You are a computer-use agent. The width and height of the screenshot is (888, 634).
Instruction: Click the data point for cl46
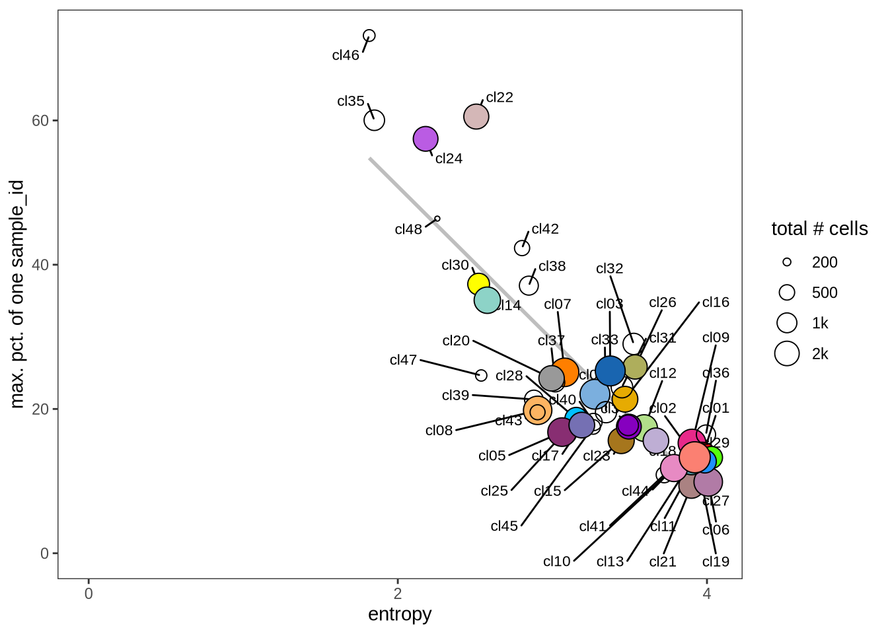(x=369, y=36)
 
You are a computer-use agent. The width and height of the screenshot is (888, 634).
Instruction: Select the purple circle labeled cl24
(x=425, y=139)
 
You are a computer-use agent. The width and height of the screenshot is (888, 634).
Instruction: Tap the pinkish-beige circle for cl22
(x=476, y=117)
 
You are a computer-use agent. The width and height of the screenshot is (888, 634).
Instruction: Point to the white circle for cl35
(x=375, y=120)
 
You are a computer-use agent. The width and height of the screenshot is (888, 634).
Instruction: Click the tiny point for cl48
(x=437, y=219)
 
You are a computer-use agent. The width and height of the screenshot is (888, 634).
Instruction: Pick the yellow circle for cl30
(x=478, y=284)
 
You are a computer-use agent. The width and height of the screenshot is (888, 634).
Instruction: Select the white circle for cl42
(x=522, y=248)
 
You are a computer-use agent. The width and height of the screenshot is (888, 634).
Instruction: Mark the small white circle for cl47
(x=481, y=375)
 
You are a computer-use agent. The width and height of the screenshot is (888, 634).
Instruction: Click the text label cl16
(x=716, y=302)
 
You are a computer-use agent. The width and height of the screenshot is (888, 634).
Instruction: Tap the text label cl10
(x=556, y=561)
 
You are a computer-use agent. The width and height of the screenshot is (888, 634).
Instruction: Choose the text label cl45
(x=504, y=526)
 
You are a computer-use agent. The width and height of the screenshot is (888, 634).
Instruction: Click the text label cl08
(x=439, y=431)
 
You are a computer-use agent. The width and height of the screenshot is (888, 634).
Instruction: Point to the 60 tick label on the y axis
(x=40, y=120)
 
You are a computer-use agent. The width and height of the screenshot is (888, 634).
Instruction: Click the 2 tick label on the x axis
(x=398, y=594)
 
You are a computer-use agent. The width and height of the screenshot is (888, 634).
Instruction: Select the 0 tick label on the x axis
(x=89, y=594)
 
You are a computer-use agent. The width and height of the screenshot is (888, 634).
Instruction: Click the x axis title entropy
(x=400, y=614)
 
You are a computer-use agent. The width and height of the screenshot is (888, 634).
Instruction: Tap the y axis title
(x=17, y=294)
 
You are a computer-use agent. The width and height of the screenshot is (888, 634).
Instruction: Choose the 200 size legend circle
(x=787, y=262)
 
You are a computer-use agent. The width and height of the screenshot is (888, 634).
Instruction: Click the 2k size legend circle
(x=787, y=353)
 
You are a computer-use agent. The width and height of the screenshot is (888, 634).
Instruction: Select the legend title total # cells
(x=819, y=229)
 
